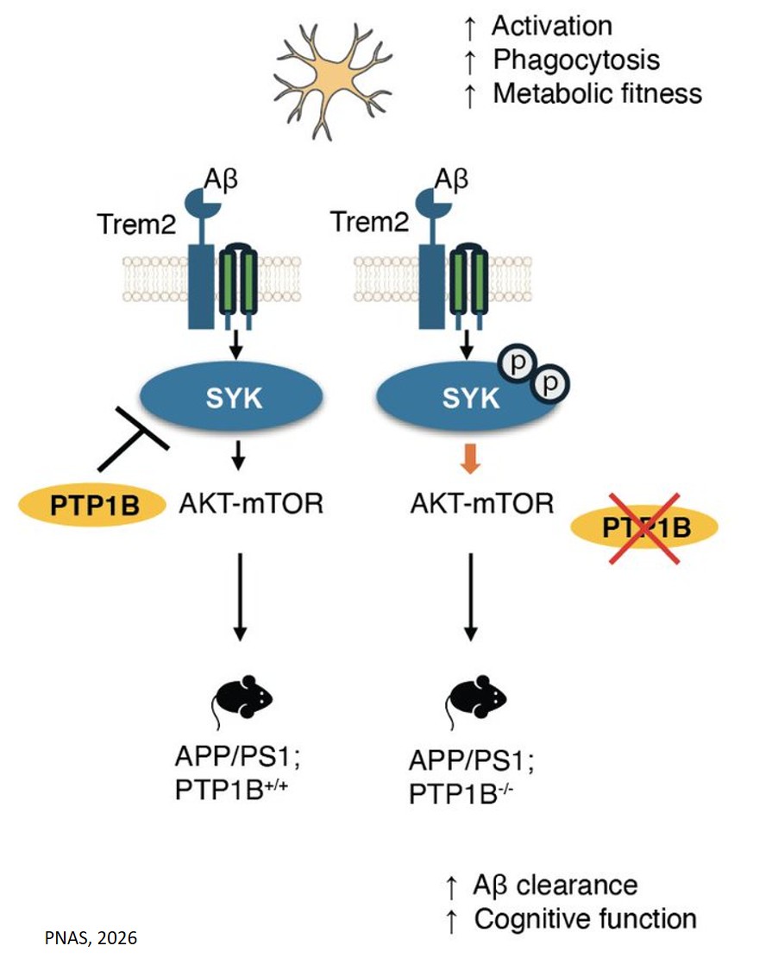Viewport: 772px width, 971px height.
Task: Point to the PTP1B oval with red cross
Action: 643,526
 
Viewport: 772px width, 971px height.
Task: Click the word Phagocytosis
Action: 576,60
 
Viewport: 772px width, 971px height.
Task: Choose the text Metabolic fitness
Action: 597,93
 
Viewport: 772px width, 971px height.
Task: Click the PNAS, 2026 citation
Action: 91,936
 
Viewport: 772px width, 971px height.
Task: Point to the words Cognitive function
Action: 585,918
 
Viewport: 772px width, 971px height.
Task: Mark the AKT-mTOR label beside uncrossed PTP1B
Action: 251,502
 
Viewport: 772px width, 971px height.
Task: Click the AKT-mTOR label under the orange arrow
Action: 480,502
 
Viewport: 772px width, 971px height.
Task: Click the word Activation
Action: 552,26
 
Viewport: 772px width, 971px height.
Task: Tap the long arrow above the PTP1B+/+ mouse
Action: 239,596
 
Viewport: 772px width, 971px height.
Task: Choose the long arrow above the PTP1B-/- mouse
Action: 470,596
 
